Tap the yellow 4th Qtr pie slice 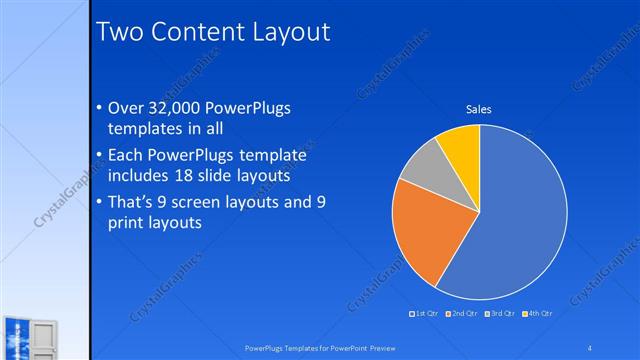pyautogui.click(x=462, y=144)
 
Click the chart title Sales pyautogui.click(x=479, y=109)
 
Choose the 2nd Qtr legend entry pyautogui.click(x=461, y=314)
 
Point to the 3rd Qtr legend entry pyautogui.click(x=500, y=314)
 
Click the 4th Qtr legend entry pyautogui.click(x=537, y=314)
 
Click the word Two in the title pyautogui.click(x=120, y=32)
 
